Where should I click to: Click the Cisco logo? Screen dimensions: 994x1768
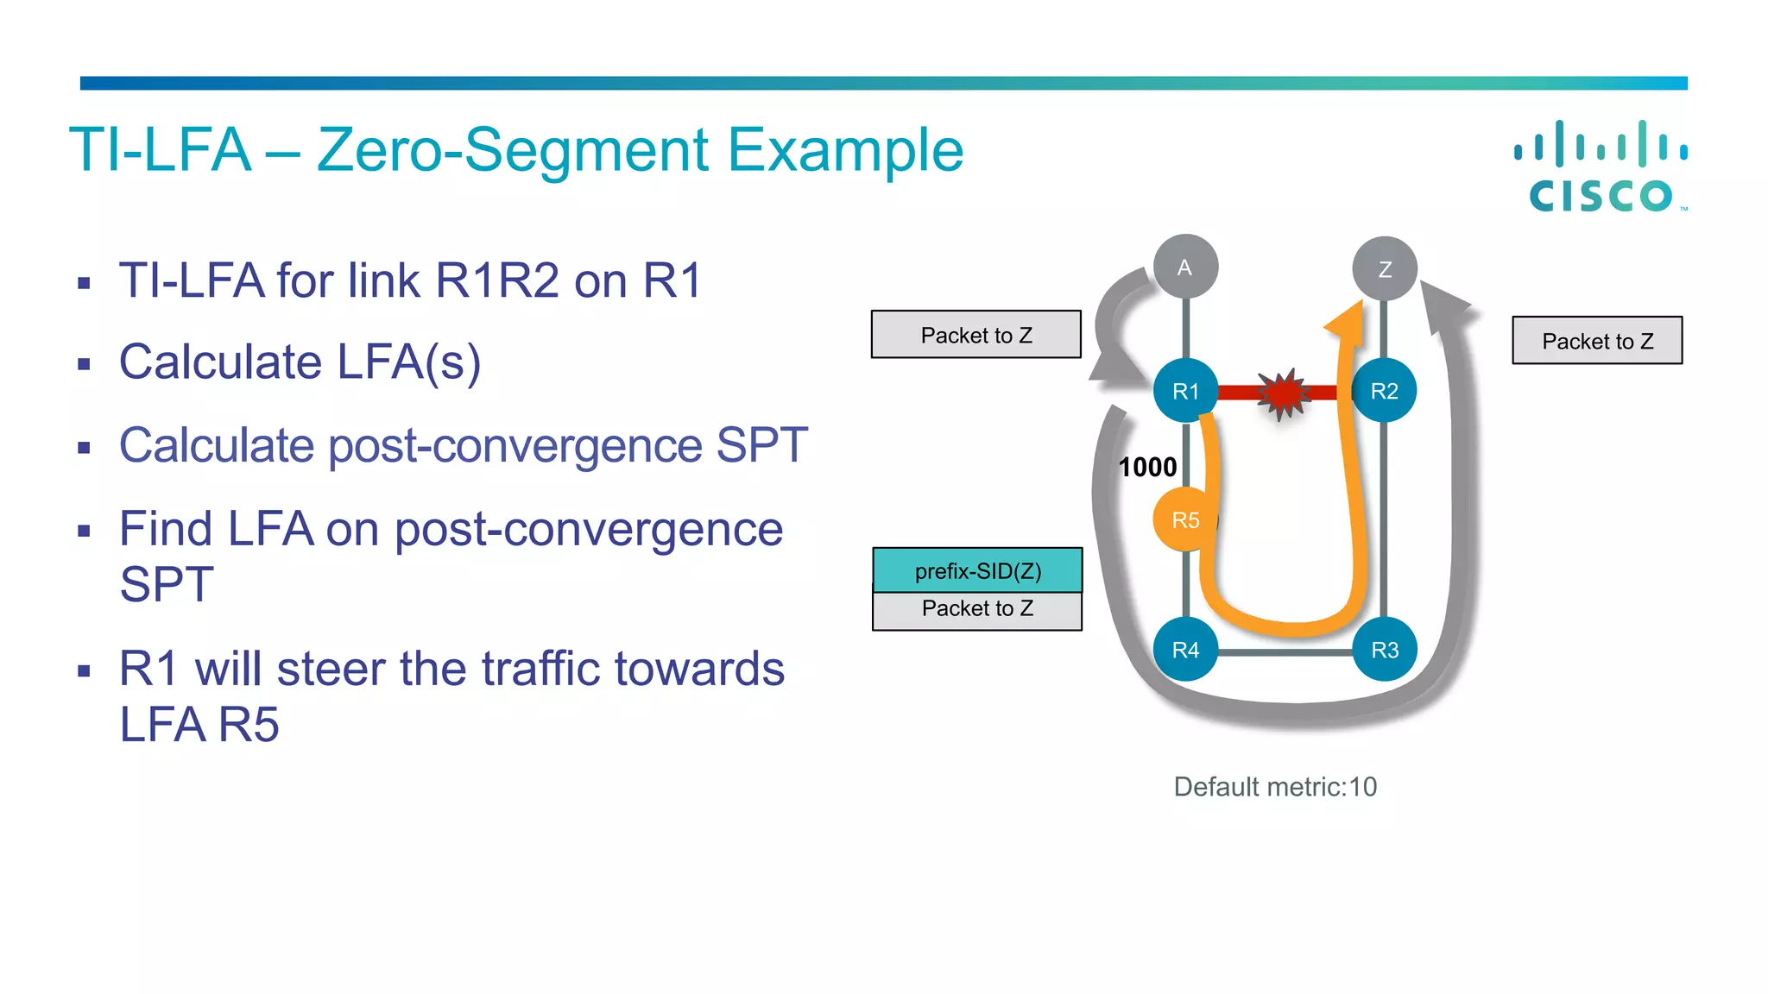coord(1601,167)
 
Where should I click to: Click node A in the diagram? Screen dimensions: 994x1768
coord(1185,267)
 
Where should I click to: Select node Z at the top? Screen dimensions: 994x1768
coord(1385,269)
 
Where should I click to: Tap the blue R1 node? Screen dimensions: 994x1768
coord(1184,391)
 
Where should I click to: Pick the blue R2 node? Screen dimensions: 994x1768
coord(1385,391)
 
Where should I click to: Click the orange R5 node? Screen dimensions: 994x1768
coord(1184,519)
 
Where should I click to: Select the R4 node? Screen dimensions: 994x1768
coord(1184,650)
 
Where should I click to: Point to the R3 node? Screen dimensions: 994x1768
coord(1385,650)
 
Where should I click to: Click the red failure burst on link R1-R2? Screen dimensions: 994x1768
coord(1284,393)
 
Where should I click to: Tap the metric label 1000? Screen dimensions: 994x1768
coord(1147,467)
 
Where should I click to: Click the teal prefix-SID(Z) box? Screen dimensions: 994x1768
coord(977,570)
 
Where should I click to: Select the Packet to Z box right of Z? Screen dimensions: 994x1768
coord(1597,341)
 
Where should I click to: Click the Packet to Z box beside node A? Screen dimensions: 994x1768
coord(976,335)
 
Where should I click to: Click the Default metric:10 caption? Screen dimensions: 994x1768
coord(1275,787)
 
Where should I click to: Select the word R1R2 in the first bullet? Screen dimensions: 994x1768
coord(497,280)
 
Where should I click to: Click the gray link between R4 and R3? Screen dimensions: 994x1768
coord(1285,652)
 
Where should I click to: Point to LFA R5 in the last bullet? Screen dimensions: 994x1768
coord(199,724)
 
